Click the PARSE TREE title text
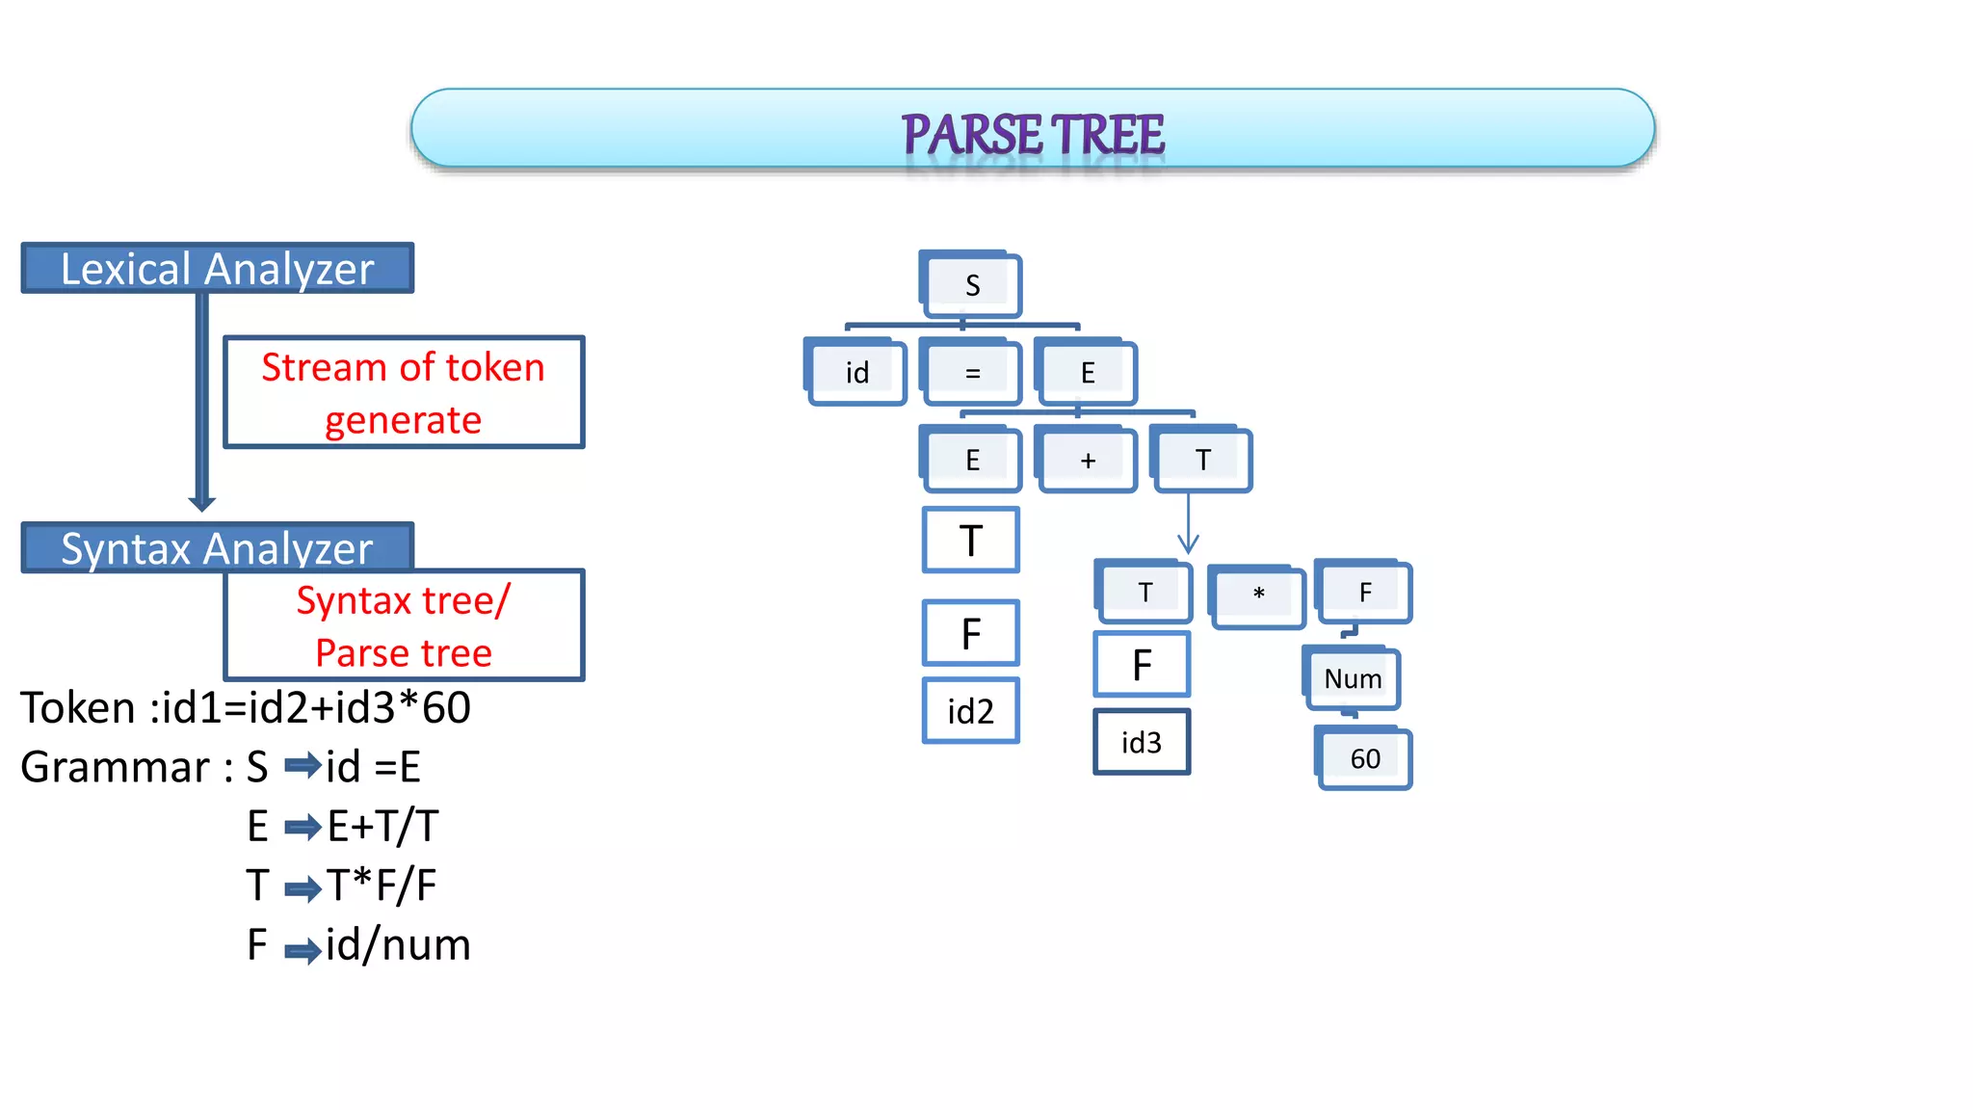(1033, 134)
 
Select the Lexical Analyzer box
(218, 268)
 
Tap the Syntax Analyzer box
(218, 547)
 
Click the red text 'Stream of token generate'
(404, 393)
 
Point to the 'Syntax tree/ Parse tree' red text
(404, 626)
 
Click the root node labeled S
(972, 285)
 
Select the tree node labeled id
(857, 373)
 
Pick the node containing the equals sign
(972, 373)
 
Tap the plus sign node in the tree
(1088, 461)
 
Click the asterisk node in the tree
(1258, 595)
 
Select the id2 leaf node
(970, 711)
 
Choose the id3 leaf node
(1142, 742)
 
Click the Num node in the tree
(1353, 678)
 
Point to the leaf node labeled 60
(1365, 759)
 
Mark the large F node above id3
(1142, 665)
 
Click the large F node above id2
(970, 633)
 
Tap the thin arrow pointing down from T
(1188, 525)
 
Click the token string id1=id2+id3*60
(316, 708)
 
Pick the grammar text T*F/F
(381, 885)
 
